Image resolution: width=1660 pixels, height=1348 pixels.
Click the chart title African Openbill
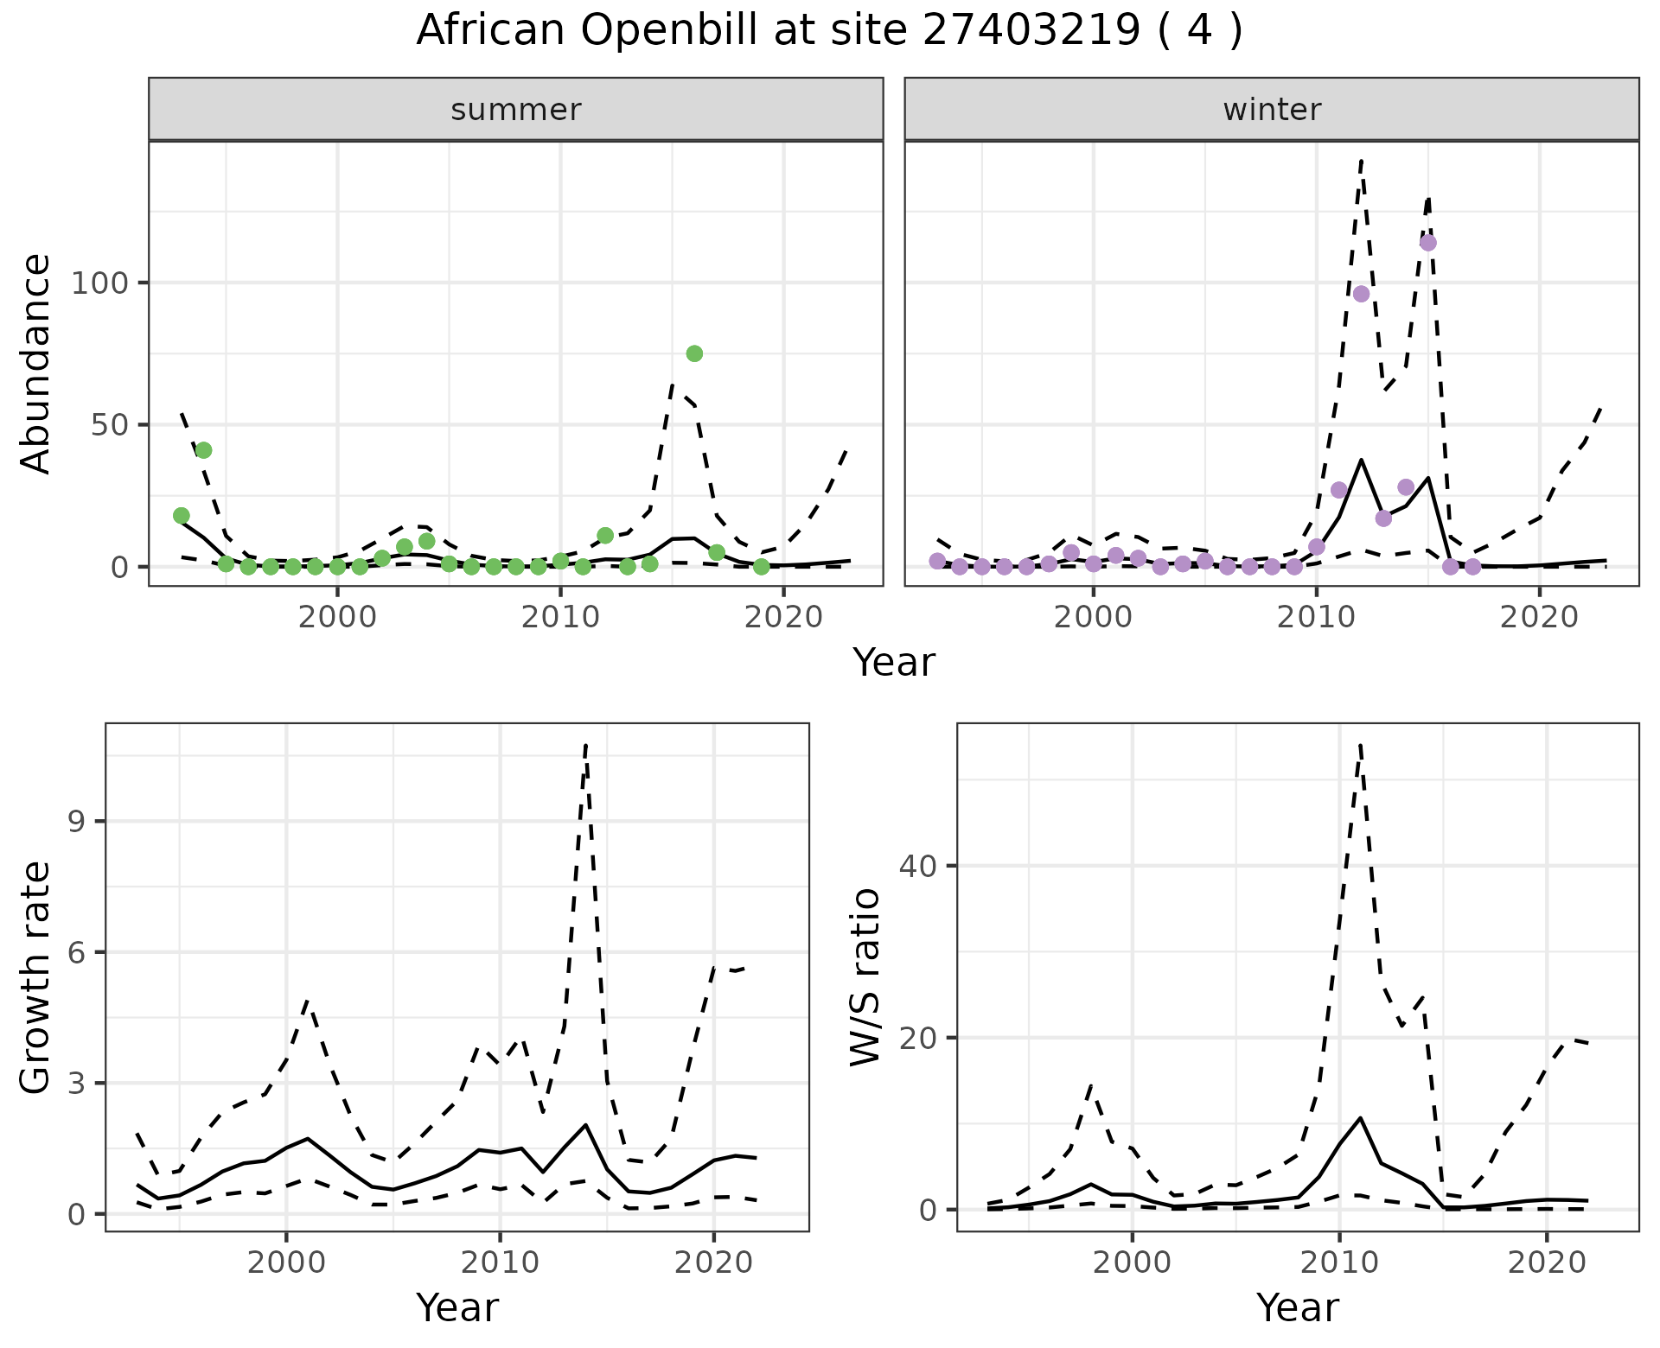pos(829,31)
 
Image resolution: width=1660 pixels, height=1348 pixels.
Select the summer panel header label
pos(516,110)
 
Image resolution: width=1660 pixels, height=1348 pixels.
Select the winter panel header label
pos(1272,110)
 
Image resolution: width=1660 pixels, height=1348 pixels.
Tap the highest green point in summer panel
pos(694,353)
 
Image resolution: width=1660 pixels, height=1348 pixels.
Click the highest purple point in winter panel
pos(1428,243)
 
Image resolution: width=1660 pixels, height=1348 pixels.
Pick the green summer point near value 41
pos(204,450)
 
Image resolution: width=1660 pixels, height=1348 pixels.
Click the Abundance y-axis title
pos(36,363)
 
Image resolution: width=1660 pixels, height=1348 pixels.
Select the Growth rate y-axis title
pos(36,978)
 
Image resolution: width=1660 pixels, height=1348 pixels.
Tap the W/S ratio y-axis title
pos(865,978)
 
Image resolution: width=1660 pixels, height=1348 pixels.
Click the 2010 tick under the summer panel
pos(560,618)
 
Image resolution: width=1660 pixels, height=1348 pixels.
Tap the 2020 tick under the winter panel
pos(1539,618)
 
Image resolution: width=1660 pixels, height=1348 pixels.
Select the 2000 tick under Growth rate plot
pos(286,1262)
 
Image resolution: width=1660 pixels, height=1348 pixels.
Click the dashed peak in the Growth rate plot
pos(586,745)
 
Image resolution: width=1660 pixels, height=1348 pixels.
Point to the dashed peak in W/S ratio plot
pos(1360,745)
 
